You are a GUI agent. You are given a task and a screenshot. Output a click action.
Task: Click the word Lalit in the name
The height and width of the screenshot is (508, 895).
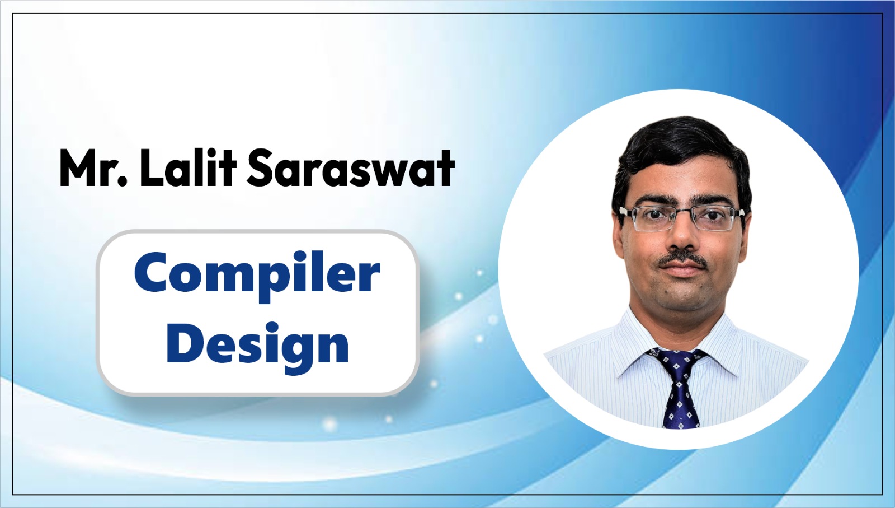pos(188,167)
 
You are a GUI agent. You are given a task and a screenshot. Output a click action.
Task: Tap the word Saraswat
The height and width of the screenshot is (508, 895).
pos(351,168)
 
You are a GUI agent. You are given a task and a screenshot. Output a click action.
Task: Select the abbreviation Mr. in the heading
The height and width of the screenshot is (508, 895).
pos(93,168)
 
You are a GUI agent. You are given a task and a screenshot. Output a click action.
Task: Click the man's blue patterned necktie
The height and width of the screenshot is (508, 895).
pos(679,388)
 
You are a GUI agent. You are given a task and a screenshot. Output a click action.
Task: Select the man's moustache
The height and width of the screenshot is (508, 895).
pos(682,260)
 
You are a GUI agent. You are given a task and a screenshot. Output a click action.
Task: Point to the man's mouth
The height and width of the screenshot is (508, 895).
pos(682,271)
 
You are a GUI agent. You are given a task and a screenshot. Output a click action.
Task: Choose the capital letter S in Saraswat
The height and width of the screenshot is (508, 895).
pos(262,168)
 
